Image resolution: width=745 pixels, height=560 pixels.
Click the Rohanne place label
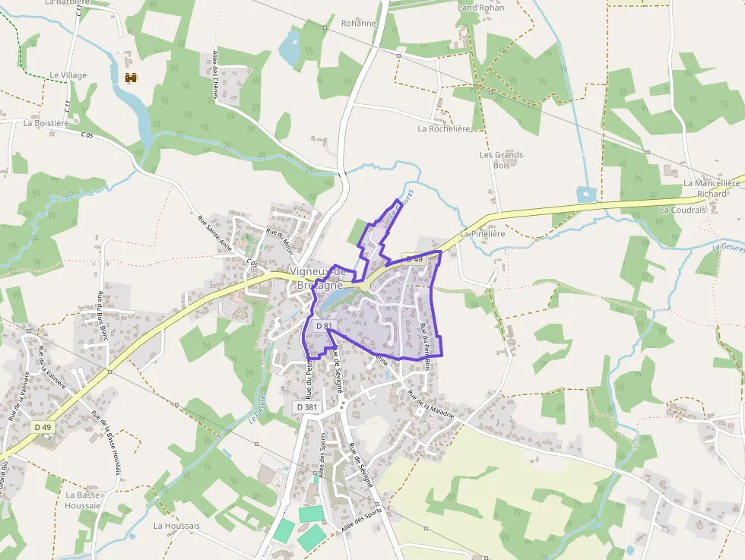click(359, 24)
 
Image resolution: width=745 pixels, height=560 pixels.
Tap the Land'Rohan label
click(480, 8)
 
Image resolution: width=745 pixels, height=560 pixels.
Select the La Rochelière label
click(444, 129)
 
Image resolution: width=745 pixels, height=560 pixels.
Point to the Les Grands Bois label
click(501, 160)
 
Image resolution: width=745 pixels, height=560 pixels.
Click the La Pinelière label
click(483, 234)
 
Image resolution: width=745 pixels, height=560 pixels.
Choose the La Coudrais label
click(683, 210)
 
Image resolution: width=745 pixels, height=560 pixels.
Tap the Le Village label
click(68, 75)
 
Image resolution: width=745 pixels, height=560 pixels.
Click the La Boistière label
click(46, 122)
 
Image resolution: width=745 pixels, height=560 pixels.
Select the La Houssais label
click(176, 526)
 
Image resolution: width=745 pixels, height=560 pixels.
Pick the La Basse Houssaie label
click(82, 500)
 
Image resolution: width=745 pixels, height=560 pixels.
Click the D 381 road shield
click(306, 407)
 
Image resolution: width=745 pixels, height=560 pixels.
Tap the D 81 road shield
click(324, 326)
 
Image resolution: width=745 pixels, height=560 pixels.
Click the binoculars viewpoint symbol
click(131, 78)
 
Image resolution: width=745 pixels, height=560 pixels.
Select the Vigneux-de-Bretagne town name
click(318, 278)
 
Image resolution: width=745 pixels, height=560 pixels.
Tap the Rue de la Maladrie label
click(431, 404)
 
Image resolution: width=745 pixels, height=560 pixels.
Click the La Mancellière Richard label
click(711, 188)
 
